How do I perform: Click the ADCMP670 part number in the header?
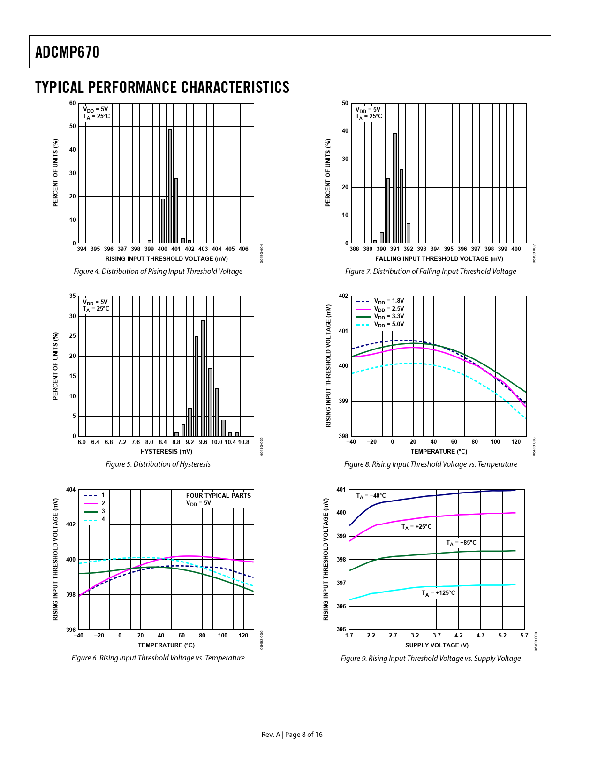[68, 52]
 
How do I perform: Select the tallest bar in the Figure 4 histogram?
[170, 186]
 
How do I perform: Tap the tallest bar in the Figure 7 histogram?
[395, 188]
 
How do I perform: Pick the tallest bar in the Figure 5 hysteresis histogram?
[203, 378]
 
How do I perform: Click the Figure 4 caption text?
[158, 272]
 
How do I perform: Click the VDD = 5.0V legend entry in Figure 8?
[388, 324]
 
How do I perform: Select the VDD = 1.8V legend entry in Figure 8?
[388, 301]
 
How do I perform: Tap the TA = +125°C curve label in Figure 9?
[438, 593]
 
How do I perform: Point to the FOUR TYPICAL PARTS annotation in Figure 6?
[219, 495]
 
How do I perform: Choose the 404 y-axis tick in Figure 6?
[71, 490]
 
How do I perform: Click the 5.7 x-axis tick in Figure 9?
[524, 636]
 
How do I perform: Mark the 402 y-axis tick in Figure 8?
[343, 296]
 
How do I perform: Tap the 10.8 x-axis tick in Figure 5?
[243, 442]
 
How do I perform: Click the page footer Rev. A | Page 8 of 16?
[292, 734]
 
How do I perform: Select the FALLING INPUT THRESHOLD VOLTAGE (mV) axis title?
[439, 259]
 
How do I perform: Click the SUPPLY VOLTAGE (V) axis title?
[437, 645]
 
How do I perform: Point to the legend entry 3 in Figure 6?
[103, 511]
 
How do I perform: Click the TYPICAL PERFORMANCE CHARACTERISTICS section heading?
[162, 88]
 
